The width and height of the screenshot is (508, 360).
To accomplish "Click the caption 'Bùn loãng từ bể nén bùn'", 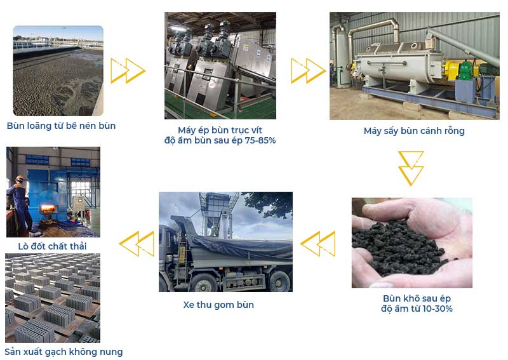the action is (61, 126).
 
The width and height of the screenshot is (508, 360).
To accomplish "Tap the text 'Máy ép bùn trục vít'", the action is (220, 130).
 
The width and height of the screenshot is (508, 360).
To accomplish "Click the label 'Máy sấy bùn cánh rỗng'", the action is (414, 131).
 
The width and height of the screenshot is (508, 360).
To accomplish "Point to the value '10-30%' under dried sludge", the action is (438, 309).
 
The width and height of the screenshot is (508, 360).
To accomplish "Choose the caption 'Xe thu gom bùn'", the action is (218, 305).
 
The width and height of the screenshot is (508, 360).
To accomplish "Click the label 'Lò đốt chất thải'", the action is (52, 246).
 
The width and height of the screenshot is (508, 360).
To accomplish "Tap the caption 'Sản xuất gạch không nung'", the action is (64, 352).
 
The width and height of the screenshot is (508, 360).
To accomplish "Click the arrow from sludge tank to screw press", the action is (128, 70).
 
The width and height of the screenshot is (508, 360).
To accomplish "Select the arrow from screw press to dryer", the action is (308, 70).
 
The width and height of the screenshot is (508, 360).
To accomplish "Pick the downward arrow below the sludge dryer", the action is (411, 168).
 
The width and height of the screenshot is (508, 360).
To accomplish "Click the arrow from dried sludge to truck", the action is (318, 244).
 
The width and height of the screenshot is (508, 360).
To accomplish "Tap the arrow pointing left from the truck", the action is (137, 244).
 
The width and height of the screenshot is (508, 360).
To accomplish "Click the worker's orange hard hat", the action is (20, 178).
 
